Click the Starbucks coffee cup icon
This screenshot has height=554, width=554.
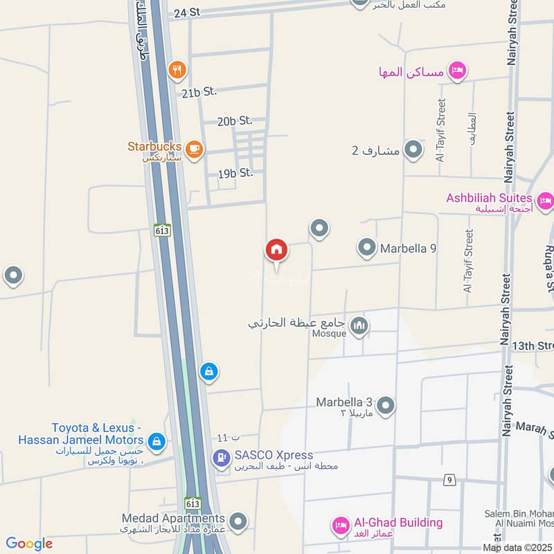click(195, 150)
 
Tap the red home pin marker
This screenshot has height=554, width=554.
click(276, 250)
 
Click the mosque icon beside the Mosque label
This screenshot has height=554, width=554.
click(359, 325)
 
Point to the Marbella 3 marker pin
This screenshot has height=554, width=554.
click(386, 405)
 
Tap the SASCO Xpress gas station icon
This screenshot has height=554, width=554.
click(221, 457)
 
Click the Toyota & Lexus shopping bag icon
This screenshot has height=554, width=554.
click(157, 441)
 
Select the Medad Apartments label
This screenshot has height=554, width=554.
click(173, 518)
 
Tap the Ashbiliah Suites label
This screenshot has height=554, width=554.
click(489, 198)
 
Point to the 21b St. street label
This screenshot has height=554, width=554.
click(200, 92)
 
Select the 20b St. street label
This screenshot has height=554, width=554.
click(235, 121)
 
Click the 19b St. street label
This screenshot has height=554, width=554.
click(235, 174)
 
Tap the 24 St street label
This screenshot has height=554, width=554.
click(187, 12)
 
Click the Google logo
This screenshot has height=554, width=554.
click(30, 544)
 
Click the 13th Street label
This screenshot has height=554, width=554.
click(535, 346)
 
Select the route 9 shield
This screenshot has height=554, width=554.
click(449, 480)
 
